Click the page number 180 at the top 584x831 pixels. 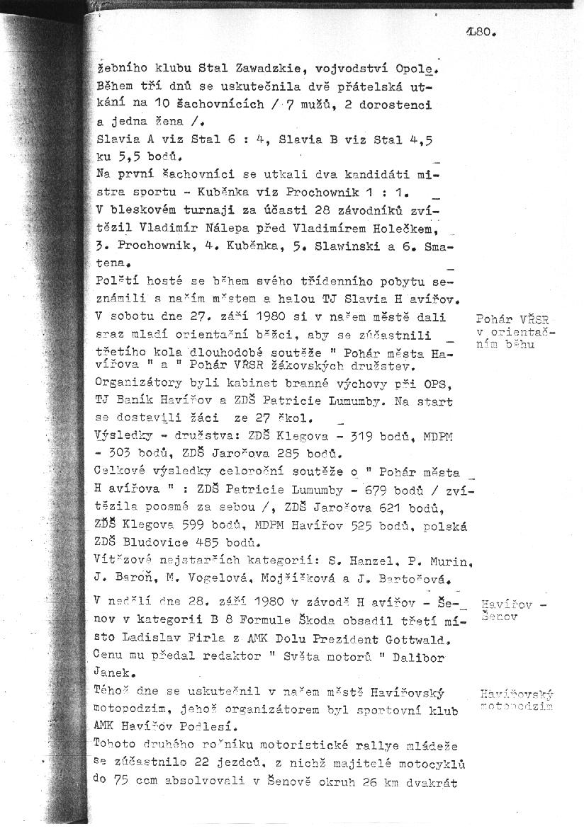[481, 31]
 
